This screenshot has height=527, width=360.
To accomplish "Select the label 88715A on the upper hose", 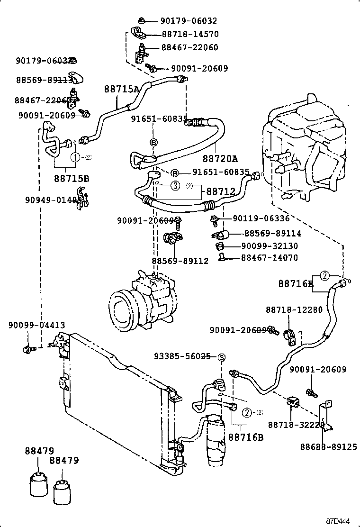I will pyautogui.click(x=122, y=89).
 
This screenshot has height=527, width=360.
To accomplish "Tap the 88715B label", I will pyautogui.click(x=72, y=179).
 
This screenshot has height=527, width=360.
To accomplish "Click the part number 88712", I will pyautogui.click(x=221, y=191).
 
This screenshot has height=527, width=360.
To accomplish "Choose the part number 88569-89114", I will pyautogui.click(x=273, y=234).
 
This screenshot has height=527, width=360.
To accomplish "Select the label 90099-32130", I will pyautogui.click(x=270, y=246).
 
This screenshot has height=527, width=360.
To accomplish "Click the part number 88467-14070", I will pyautogui.click(x=270, y=258).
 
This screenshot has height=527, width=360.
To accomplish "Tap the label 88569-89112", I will pyautogui.click(x=180, y=261).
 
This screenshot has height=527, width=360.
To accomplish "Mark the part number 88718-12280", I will pyautogui.click(x=294, y=310).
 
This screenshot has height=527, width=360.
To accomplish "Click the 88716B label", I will pyautogui.click(x=246, y=436).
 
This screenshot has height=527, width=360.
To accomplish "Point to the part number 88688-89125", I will pyautogui.click(x=328, y=446).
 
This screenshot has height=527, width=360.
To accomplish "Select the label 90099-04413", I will pyautogui.click(x=36, y=325).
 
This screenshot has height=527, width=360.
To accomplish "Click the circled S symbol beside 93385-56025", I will pyautogui.click(x=221, y=357).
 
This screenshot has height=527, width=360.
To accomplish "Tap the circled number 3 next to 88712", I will pyautogui.click(x=175, y=186).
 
